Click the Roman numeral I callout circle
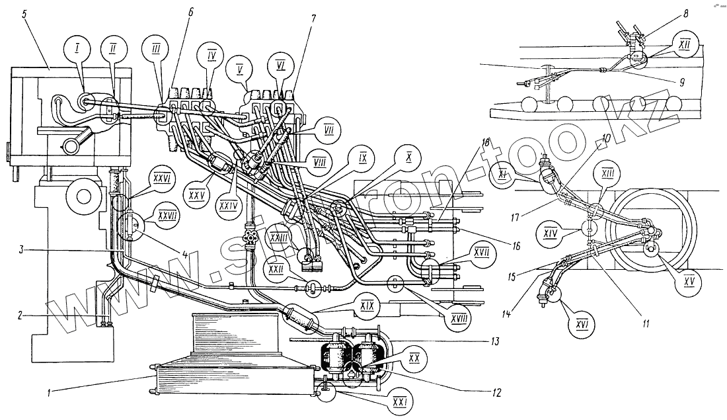pyautogui.click(x=77, y=48)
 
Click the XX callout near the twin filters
pyautogui.click(x=415, y=358)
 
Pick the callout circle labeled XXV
pyautogui.click(x=195, y=196)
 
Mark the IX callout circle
pyautogui.click(x=363, y=159)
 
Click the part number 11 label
pyautogui.click(x=646, y=324)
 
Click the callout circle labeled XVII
pyautogui.click(x=462, y=253)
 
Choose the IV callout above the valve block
pyautogui.click(x=211, y=55)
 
